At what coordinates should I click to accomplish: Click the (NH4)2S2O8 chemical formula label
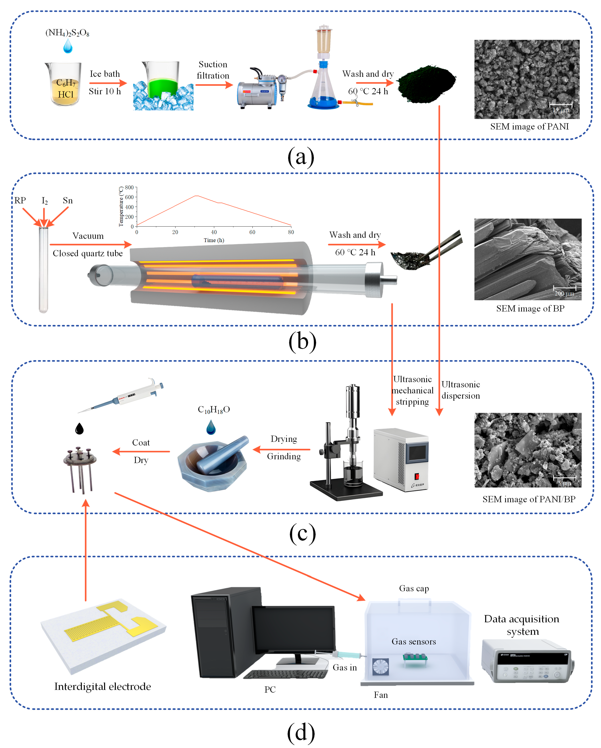click(x=67, y=33)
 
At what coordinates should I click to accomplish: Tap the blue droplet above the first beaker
click(x=68, y=46)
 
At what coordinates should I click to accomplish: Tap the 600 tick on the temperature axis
click(x=129, y=197)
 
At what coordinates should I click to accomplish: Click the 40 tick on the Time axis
click(x=214, y=232)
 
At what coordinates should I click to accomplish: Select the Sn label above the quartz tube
click(x=68, y=201)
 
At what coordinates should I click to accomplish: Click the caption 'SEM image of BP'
click(x=530, y=308)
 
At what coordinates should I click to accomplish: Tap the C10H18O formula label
click(x=214, y=410)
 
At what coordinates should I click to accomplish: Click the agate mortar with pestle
click(x=214, y=463)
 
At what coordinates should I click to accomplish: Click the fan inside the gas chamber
click(x=380, y=667)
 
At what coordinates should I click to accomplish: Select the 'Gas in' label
click(x=345, y=668)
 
